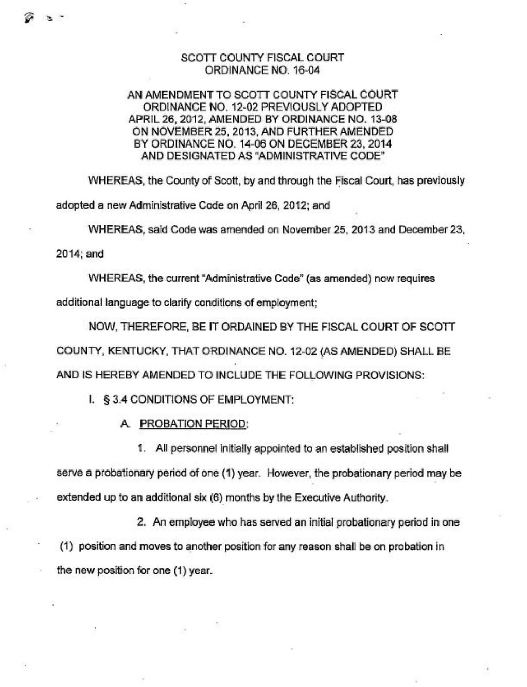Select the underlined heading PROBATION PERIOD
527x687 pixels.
tap(194, 424)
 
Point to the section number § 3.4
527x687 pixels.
tap(116, 400)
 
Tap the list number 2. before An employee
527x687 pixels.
tap(141, 522)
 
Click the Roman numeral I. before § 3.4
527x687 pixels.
tap(91, 400)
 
